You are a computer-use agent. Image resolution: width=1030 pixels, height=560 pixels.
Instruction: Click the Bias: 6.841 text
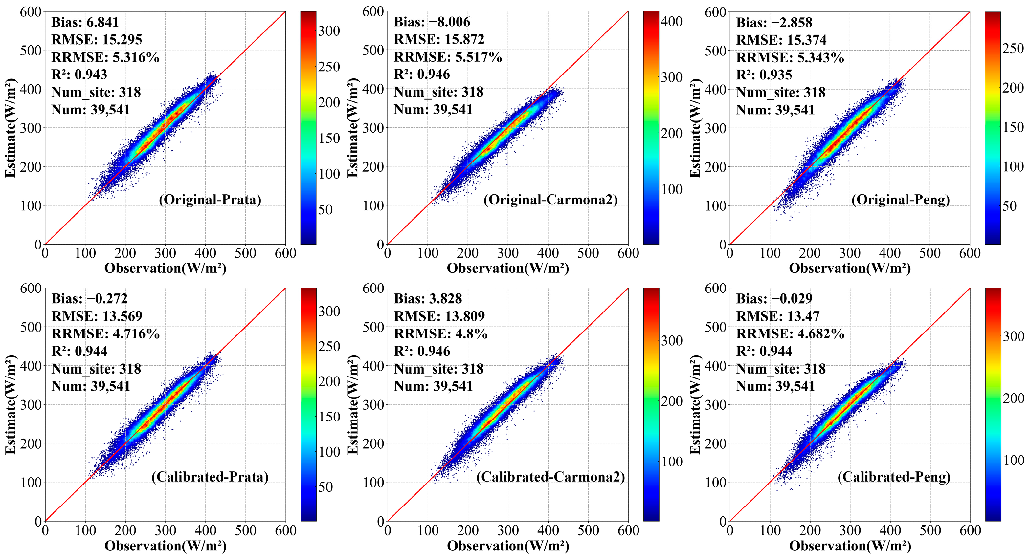point(85,22)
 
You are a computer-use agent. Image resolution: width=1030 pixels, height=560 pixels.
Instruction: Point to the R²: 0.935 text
point(764,75)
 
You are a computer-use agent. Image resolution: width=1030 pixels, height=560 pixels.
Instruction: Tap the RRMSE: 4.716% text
point(105,334)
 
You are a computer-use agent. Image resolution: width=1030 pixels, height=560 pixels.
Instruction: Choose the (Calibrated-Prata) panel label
point(210,477)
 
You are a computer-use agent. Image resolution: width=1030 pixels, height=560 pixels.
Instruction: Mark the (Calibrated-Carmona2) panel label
point(550,477)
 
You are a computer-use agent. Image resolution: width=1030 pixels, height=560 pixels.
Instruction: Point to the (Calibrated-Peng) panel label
point(894,477)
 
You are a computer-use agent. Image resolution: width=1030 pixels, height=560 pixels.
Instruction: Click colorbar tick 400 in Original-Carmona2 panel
point(672,21)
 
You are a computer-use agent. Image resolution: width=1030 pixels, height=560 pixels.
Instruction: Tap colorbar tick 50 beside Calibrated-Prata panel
point(325,487)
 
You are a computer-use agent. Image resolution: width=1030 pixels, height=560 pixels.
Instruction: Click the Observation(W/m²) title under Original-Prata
point(165,268)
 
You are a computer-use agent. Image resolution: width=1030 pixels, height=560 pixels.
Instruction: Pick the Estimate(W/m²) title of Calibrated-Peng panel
point(695,404)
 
